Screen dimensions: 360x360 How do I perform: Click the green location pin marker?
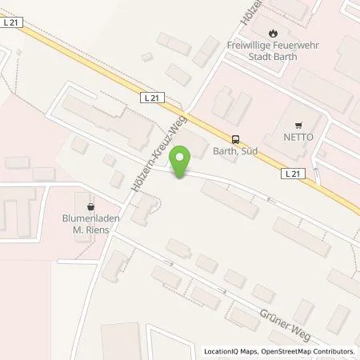pyautogui.click(x=182, y=162)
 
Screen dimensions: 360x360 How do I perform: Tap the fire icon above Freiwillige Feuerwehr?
pyautogui.click(x=274, y=33)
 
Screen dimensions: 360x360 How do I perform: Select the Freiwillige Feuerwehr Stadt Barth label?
pyautogui.click(x=274, y=50)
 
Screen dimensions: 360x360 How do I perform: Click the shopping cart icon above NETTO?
pyautogui.click(x=299, y=125)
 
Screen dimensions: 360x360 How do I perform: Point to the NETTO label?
pyautogui.click(x=299, y=137)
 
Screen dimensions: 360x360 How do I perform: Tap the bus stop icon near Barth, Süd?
pyautogui.click(x=235, y=138)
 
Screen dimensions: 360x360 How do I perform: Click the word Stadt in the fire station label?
pyautogui.click(x=258, y=57)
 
